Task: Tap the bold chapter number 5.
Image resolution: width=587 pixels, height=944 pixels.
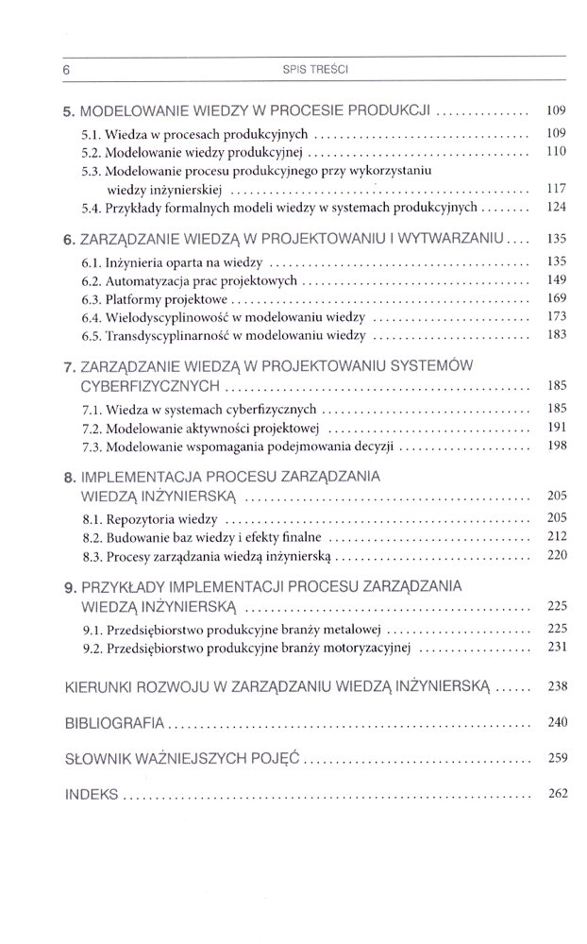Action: [x=68, y=111]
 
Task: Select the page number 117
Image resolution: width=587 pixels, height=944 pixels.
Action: [x=556, y=189]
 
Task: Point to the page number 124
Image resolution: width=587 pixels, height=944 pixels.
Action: [x=556, y=206]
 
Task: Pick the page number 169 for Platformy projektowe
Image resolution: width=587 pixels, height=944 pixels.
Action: [x=556, y=298]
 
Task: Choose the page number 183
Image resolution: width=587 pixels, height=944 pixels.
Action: [x=556, y=334]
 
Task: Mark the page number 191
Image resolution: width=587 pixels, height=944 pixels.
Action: [x=556, y=428]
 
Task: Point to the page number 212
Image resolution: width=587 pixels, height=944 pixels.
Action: [x=556, y=536]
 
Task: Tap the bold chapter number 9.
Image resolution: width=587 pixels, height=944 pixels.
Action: [x=69, y=586]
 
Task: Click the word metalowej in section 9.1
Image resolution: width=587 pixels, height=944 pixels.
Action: [x=352, y=630]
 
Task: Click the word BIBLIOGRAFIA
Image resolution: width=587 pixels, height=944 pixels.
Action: [x=115, y=723]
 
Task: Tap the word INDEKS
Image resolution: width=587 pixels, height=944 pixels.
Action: [x=92, y=795]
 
